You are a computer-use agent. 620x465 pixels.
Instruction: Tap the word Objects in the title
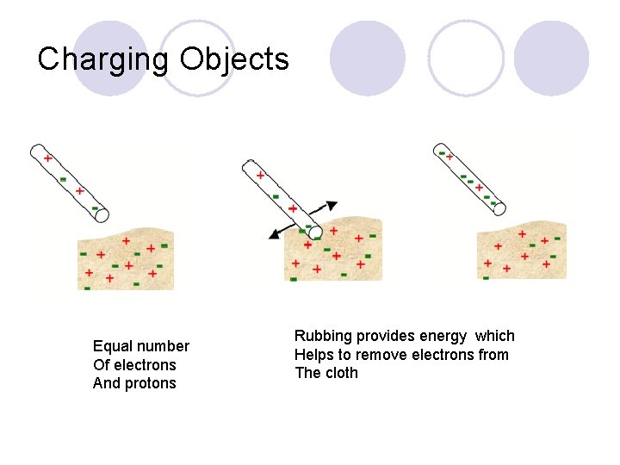pyautogui.click(x=234, y=59)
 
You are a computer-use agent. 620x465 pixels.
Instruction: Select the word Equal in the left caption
pyautogui.click(x=112, y=346)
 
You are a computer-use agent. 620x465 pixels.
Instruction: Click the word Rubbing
pyautogui.click(x=323, y=336)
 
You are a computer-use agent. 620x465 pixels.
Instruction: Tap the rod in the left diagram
pyautogui.click(x=70, y=180)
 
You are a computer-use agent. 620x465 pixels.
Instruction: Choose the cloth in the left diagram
pyautogui.click(x=125, y=261)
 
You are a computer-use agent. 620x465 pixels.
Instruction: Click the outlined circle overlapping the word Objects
pyautogui.click(x=197, y=59)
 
